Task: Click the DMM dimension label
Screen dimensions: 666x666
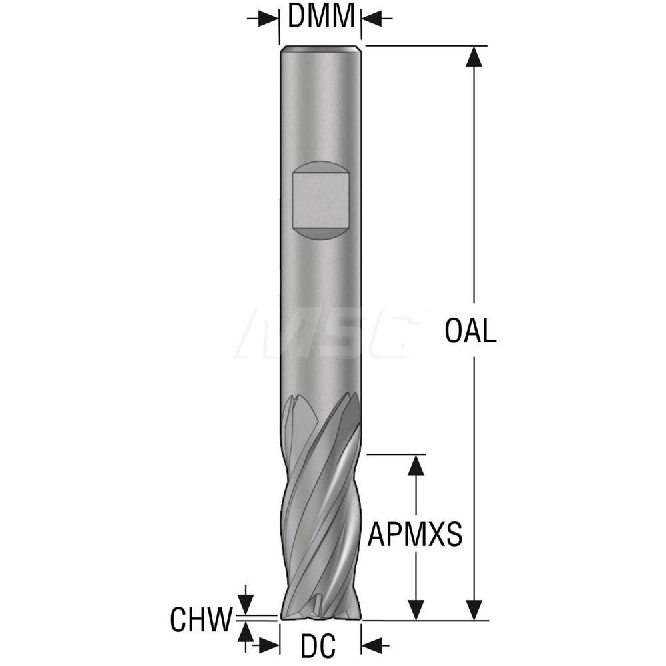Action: [x=321, y=16]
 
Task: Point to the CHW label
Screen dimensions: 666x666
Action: [x=202, y=619]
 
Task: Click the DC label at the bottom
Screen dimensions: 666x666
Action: [x=318, y=645]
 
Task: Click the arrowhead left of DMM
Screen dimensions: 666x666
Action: [x=268, y=19]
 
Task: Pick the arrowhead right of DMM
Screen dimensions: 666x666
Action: [x=371, y=19]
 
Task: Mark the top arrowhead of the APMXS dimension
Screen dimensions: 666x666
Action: [x=416, y=464]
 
